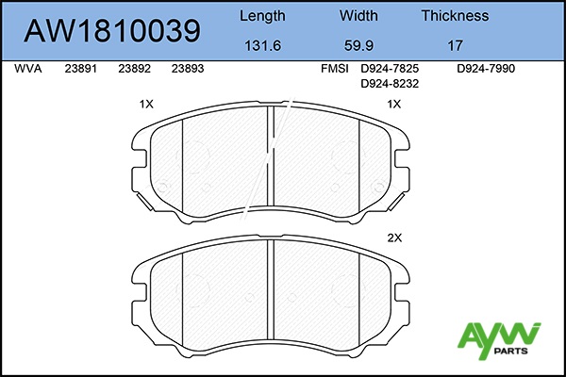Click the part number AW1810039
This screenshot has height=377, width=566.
click(x=112, y=31)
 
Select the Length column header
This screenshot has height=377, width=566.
click(x=262, y=16)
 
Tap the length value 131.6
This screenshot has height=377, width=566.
click(x=263, y=46)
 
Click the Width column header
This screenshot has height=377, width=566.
click(x=358, y=15)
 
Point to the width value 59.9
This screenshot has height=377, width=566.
click(x=358, y=46)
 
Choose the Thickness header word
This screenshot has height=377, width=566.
click(x=456, y=15)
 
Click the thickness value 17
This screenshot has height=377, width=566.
click(x=456, y=46)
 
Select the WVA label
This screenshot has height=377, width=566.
click(x=28, y=69)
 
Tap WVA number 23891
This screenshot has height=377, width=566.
click(x=81, y=69)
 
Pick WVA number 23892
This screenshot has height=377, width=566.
click(x=134, y=69)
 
